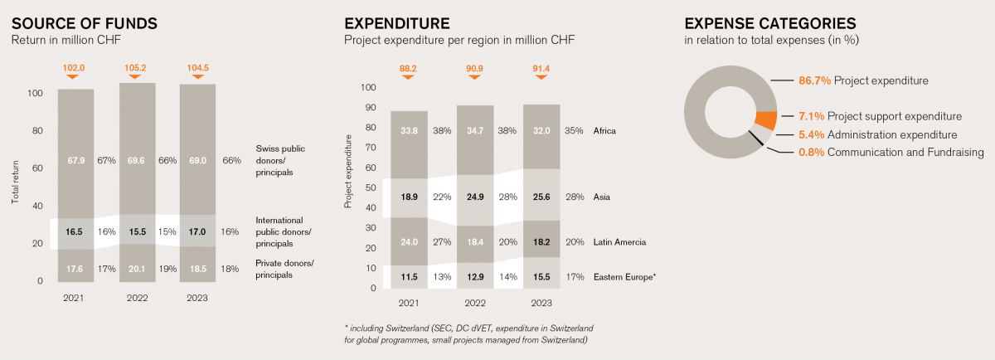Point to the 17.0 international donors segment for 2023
click(198, 232)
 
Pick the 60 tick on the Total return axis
click(36, 168)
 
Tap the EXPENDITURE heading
click(397, 23)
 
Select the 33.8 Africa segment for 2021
click(409, 130)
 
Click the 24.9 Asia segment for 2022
click(475, 197)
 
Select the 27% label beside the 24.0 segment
click(442, 242)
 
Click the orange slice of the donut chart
click(767, 121)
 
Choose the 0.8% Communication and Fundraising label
click(890, 152)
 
